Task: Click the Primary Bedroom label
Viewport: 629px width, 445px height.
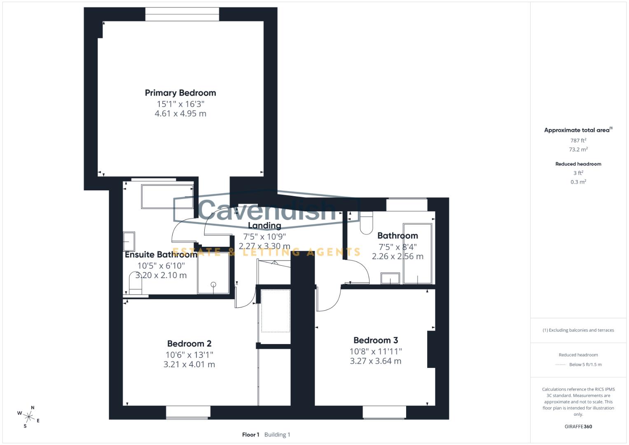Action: tap(180, 93)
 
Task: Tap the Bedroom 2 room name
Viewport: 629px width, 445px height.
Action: tap(189, 344)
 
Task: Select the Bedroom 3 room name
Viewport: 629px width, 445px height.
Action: tap(376, 340)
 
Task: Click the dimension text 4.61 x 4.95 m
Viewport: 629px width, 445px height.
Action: tap(180, 114)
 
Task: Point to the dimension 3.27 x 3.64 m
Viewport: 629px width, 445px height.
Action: tap(375, 361)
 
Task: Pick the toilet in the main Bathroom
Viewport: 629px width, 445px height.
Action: tap(366, 222)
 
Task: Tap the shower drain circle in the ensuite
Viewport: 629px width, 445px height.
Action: tap(213, 284)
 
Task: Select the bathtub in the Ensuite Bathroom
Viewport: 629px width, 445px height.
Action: tap(167, 197)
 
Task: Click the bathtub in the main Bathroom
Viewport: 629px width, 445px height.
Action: tap(417, 253)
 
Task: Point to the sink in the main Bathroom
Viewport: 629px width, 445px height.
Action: tap(390, 279)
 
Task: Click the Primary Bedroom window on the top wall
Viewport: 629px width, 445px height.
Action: tap(182, 14)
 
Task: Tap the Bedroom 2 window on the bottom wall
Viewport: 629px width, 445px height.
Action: tap(188, 412)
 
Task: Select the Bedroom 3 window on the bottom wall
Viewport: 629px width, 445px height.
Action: tap(384, 412)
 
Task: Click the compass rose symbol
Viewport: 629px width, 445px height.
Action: tap(29, 417)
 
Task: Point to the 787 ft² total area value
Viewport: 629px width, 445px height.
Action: tap(578, 141)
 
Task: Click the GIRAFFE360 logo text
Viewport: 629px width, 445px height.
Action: tap(578, 426)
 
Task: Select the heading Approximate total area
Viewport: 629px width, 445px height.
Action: tap(578, 130)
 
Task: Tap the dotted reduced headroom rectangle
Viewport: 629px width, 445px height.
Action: tap(276, 311)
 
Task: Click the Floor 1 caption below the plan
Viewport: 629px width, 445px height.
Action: tap(250, 435)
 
